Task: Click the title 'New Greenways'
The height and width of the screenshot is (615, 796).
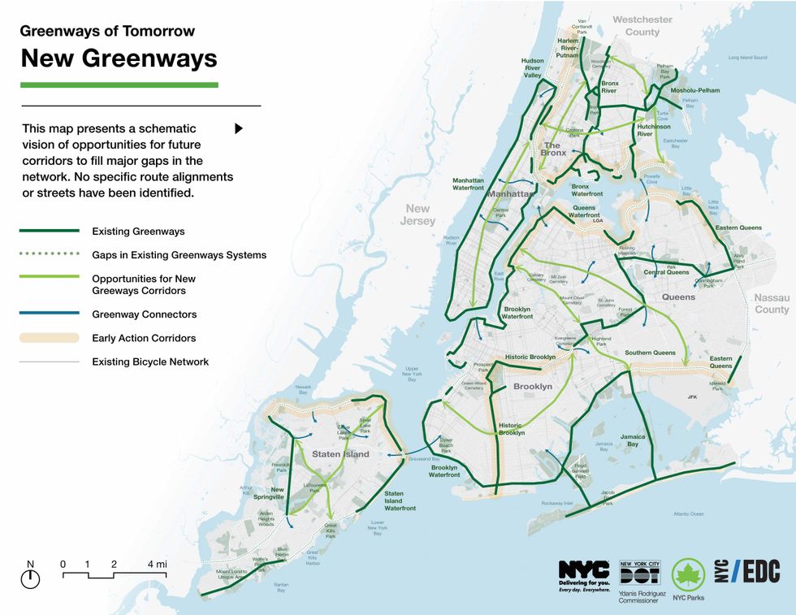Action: (x=119, y=58)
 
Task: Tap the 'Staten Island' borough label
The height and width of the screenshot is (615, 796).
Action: (x=340, y=454)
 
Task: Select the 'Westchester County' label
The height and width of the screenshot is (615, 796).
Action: (x=642, y=26)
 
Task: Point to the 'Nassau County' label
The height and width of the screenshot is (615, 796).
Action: (x=771, y=304)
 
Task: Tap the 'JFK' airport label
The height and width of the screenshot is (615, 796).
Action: (x=692, y=397)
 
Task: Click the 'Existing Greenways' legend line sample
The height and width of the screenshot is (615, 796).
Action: (x=50, y=232)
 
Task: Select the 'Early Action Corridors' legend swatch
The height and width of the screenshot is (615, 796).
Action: (x=50, y=338)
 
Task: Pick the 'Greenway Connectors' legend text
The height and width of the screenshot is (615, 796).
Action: (x=144, y=314)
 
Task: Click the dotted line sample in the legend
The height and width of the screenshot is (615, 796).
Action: (x=50, y=255)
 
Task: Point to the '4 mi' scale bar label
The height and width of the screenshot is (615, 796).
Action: (x=157, y=564)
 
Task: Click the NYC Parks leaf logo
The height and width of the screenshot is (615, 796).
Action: (x=687, y=575)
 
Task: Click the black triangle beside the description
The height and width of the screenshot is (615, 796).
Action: (x=239, y=128)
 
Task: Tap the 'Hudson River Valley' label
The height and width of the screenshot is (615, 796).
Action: (x=532, y=68)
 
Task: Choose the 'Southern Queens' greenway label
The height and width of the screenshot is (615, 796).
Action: (x=650, y=353)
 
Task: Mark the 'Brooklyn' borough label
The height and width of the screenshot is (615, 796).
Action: (x=532, y=387)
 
